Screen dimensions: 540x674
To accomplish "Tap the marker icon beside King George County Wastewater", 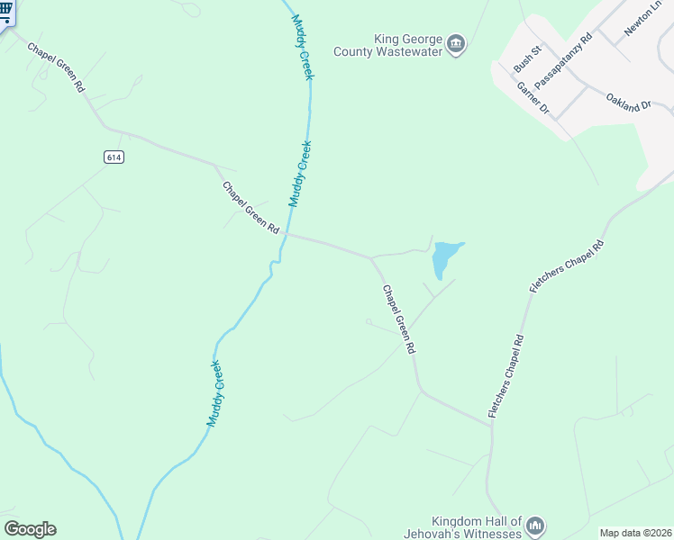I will click(457, 45).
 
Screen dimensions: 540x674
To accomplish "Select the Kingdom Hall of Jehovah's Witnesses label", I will click(477, 527).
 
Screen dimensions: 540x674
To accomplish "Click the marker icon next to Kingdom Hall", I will click(535, 526).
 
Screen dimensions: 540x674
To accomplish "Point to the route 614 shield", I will click(113, 157).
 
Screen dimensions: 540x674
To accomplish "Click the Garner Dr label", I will click(533, 98).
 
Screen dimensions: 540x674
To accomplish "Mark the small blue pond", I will click(443, 258).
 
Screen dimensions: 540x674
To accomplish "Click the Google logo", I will click(30, 529).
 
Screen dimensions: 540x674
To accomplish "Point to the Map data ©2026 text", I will click(635, 533).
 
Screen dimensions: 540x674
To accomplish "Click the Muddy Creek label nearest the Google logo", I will click(215, 393).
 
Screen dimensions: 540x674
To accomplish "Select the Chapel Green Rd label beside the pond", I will click(399, 319).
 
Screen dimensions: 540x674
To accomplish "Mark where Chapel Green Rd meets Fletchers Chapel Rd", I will click(491, 425).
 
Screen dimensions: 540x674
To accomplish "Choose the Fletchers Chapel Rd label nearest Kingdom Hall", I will click(506, 376).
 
